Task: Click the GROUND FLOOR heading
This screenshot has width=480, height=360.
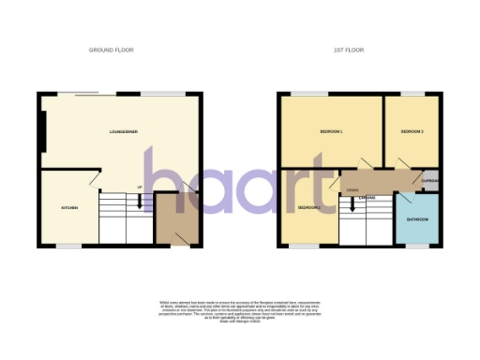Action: click(111, 49)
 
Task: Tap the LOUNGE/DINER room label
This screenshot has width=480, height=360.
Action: click(122, 133)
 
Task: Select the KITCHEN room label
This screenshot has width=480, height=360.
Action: click(68, 207)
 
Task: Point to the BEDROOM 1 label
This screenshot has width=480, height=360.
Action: click(329, 132)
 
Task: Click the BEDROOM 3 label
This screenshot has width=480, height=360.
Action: click(412, 132)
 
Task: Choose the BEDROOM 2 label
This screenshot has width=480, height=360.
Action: click(309, 206)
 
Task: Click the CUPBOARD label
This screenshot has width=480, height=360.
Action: click(431, 180)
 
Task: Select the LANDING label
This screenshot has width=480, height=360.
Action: click(367, 198)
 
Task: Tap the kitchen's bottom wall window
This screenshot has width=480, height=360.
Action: click(68, 247)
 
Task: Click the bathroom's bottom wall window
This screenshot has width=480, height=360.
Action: click(417, 247)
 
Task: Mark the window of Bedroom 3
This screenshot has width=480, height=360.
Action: click(412, 94)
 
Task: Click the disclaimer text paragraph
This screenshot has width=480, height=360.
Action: click(240, 309)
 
